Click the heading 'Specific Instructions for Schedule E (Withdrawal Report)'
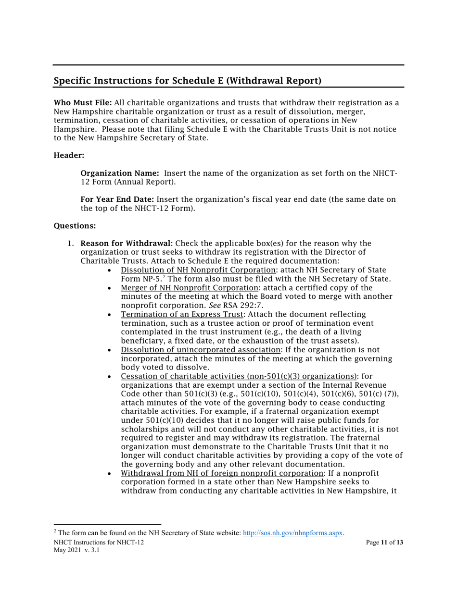187,81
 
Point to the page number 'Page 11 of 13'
384,542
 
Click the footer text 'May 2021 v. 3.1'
76,551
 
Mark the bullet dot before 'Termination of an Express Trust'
111,315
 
